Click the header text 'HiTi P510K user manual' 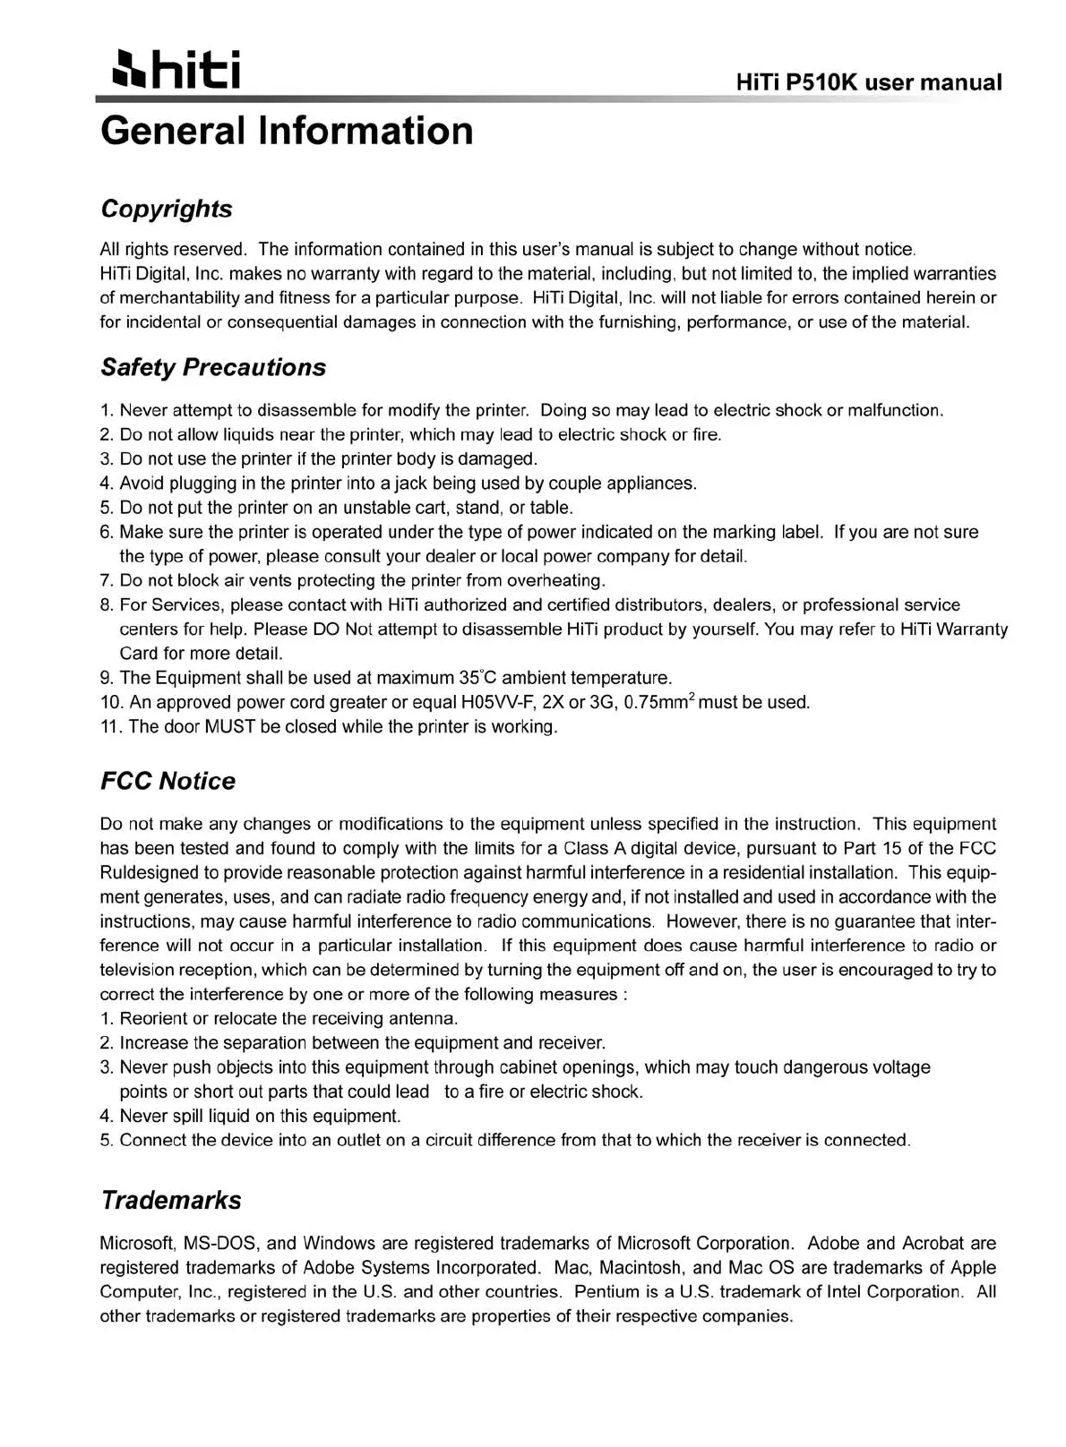(868, 82)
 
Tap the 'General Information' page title (287, 131)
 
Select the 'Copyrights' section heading (167, 209)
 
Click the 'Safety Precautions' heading (213, 367)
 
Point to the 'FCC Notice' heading (168, 781)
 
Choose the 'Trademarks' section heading (171, 1200)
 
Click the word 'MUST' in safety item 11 (230, 726)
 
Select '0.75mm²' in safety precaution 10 (658, 702)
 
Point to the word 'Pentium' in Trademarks (606, 1292)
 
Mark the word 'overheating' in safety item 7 (556, 580)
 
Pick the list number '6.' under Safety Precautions (107, 532)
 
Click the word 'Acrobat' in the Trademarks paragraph (933, 1244)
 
